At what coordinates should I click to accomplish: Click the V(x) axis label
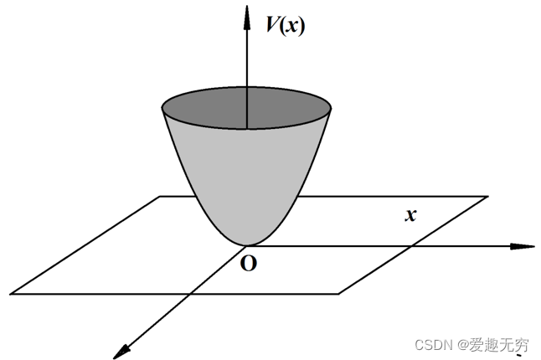pos(286,25)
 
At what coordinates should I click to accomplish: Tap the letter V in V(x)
pos(273,25)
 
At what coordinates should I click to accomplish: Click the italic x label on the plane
pos(410,215)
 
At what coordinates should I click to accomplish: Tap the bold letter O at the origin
pos(248,265)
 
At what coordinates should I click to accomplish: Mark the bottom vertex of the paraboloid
pos(246,244)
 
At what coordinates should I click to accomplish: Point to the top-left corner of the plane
pos(160,197)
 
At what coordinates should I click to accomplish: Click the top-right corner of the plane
pos(487,197)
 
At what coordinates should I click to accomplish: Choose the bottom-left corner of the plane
pos(12,293)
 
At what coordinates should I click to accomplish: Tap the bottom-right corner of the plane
pos(339,293)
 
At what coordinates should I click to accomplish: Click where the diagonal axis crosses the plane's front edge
pos(190,293)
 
